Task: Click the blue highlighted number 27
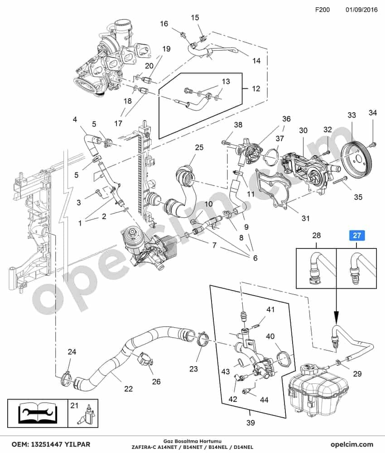357,235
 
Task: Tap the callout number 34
373,112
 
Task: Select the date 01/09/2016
361,10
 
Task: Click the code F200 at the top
322,10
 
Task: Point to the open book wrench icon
38,413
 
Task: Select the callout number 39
250,423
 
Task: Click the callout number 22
129,389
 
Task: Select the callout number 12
256,88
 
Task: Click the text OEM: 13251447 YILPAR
51,444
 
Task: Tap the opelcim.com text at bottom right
352,444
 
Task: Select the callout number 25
199,148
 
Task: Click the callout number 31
305,218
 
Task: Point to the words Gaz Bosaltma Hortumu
192,441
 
